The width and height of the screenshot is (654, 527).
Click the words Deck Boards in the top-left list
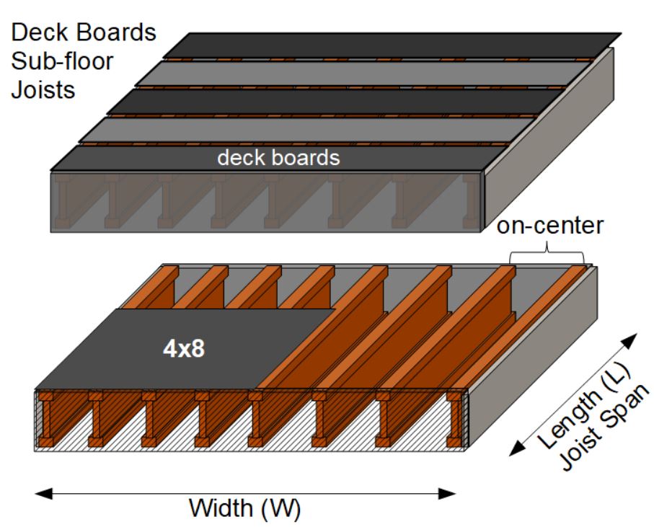coord(83,33)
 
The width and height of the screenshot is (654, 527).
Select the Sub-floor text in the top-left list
coord(63,62)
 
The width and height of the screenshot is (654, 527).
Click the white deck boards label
coord(278,157)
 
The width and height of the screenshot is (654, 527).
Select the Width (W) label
coord(244,508)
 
